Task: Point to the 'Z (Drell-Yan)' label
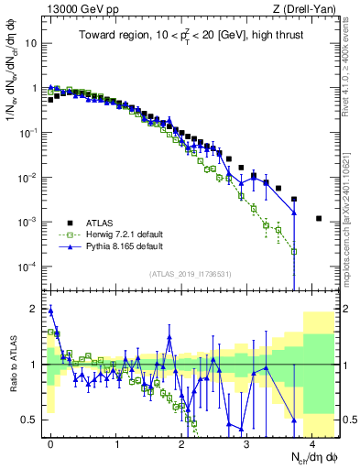click(306, 8)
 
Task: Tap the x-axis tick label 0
click(50, 441)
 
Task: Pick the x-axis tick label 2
click(181, 441)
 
